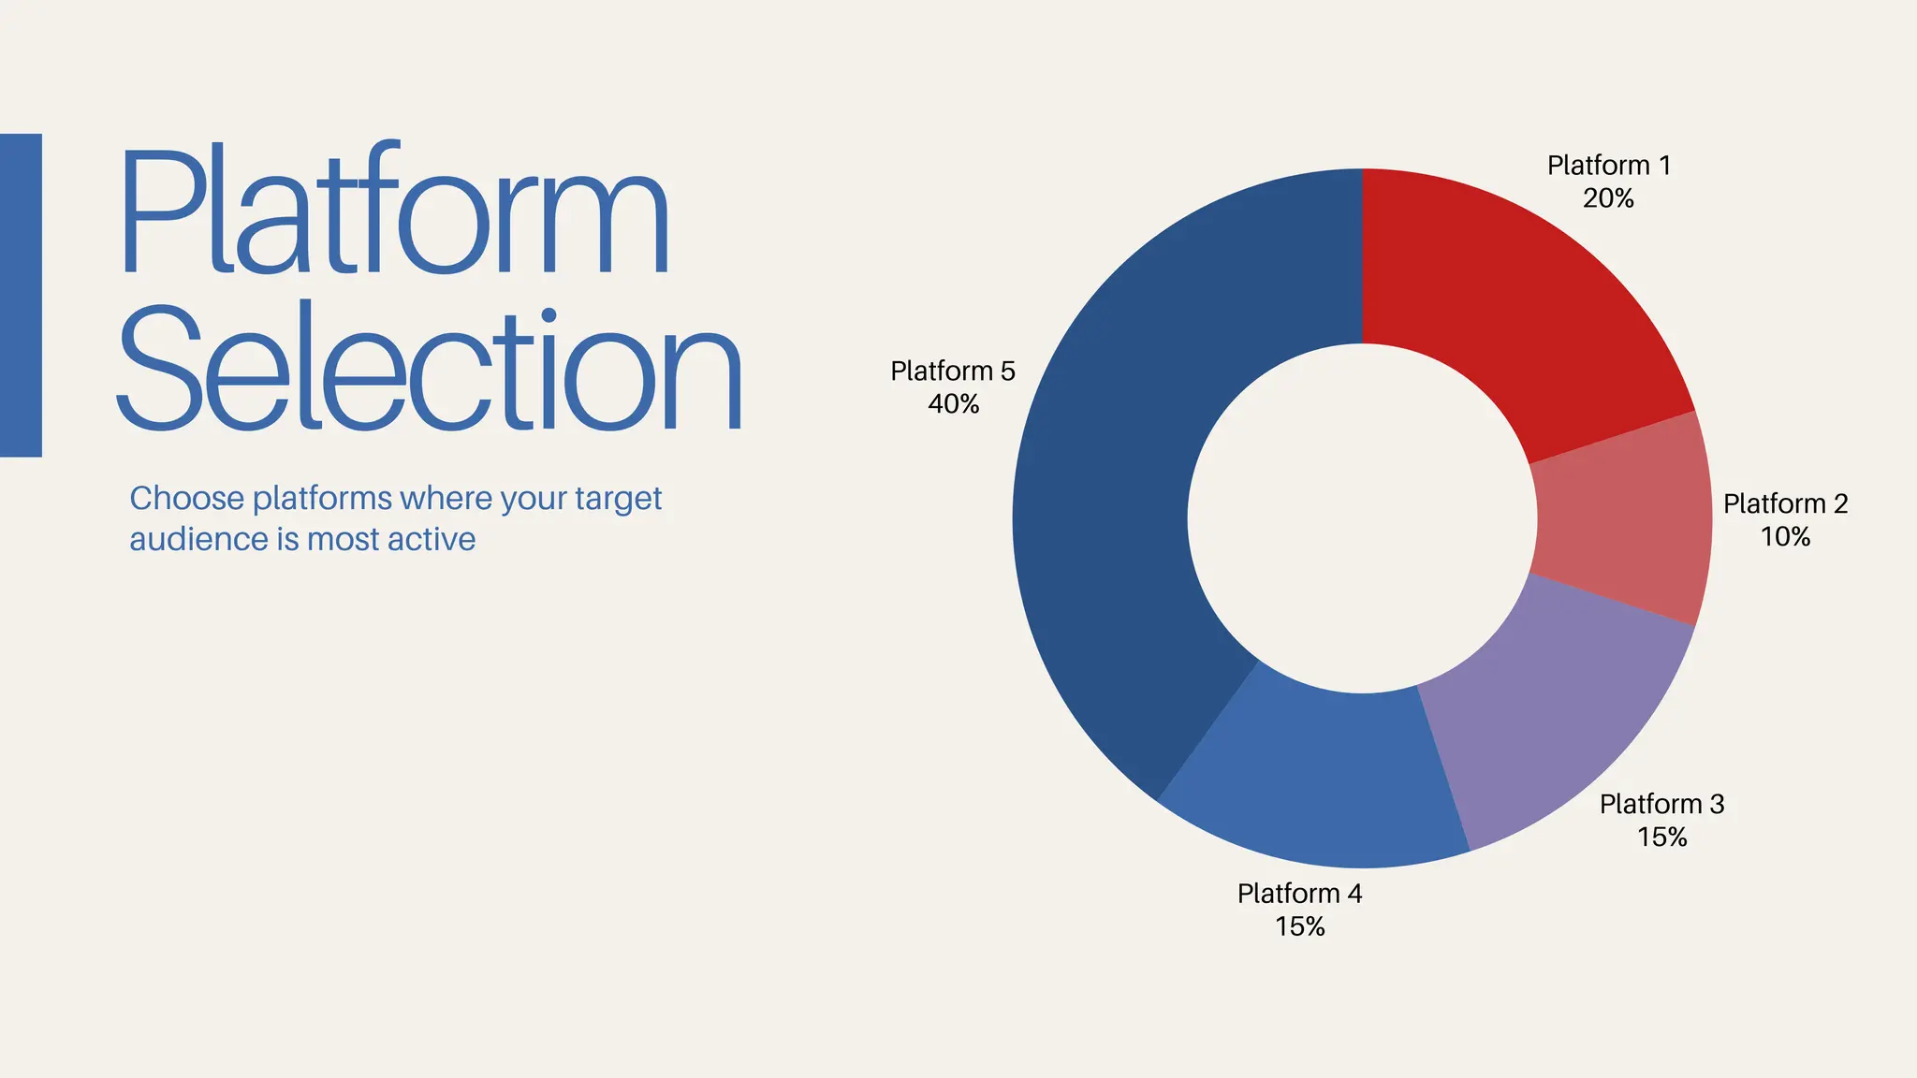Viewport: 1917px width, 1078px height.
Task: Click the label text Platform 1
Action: point(1608,166)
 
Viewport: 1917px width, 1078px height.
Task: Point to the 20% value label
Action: point(1608,198)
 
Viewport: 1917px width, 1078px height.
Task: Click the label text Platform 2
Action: point(1785,504)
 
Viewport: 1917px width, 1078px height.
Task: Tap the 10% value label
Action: point(1785,537)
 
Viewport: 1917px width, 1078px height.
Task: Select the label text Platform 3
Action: point(1661,805)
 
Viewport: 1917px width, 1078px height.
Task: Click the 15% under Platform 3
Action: point(1661,837)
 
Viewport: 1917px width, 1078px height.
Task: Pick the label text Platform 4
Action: point(1299,894)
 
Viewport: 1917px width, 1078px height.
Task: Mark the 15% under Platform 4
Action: point(1299,926)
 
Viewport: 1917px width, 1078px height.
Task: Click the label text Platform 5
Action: point(952,371)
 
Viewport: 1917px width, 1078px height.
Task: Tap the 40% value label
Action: point(953,404)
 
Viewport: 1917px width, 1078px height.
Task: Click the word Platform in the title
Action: point(393,211)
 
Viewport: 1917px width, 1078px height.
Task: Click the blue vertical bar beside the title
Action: point(21,295)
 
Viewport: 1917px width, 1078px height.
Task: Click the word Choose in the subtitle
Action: point(186,499)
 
